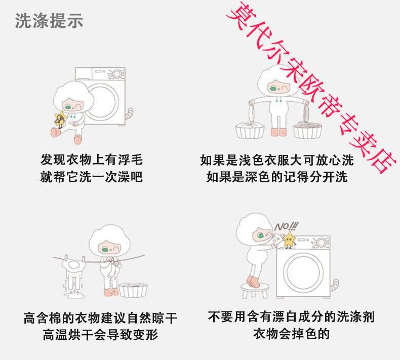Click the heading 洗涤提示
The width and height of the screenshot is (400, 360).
(x=49, y=20)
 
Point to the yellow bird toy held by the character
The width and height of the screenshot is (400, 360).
(x=60, y=119)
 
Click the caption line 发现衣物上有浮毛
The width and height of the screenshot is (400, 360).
(x=91, y=160)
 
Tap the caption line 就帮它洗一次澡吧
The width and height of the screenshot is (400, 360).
(x=91, y=177)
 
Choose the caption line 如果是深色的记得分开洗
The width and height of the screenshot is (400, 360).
(x=277, y=177)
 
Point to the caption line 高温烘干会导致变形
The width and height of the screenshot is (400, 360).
(x=100, y=335)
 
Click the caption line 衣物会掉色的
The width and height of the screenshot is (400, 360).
(x=291, y=334)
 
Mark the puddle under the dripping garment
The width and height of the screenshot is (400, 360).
(x=74, y=295)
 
